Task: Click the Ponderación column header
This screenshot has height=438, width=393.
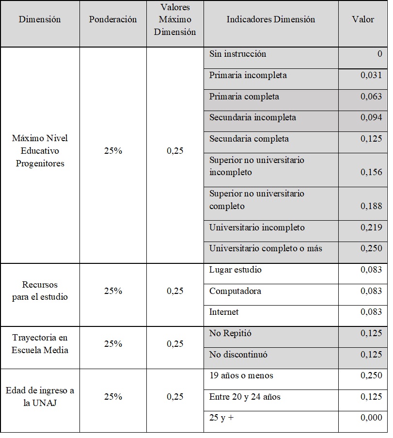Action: click(x=113, y=20)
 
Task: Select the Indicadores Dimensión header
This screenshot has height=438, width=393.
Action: click(x=271, y=20)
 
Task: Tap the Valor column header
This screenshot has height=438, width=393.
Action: click(x=363, y=20)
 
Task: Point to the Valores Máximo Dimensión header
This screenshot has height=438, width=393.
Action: click(x=175, y=20)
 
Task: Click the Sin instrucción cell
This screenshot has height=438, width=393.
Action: click(x=237, y=54)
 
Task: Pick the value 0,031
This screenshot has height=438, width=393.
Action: click(x=371, y=76)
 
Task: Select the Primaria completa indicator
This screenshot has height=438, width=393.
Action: click(x=244, y=97)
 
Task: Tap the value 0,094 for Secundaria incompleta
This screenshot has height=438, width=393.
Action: click(x=371, y=118)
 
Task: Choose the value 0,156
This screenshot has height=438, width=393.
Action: click(x=371, y=172)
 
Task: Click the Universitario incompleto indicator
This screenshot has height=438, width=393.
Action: click(x=257, y=228)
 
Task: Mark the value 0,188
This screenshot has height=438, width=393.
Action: click(x=371, y=207)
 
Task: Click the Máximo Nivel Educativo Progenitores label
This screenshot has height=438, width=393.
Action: click(x=40, y=151)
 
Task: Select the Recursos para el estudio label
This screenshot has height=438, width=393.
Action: click(x=40, y=291)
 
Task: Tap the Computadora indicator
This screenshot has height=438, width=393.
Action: click(x=235, y=292)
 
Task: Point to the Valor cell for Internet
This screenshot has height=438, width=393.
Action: click(x=371, y=312)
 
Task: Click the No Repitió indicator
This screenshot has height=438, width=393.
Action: click(x=230, y=334)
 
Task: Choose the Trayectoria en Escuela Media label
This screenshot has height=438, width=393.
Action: click(x=40, y=344)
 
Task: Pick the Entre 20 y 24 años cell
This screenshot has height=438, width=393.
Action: click(x=245, y=397)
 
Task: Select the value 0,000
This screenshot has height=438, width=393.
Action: click(x=371, y=418)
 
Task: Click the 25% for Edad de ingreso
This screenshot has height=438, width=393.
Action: click(x=113, y=397)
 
